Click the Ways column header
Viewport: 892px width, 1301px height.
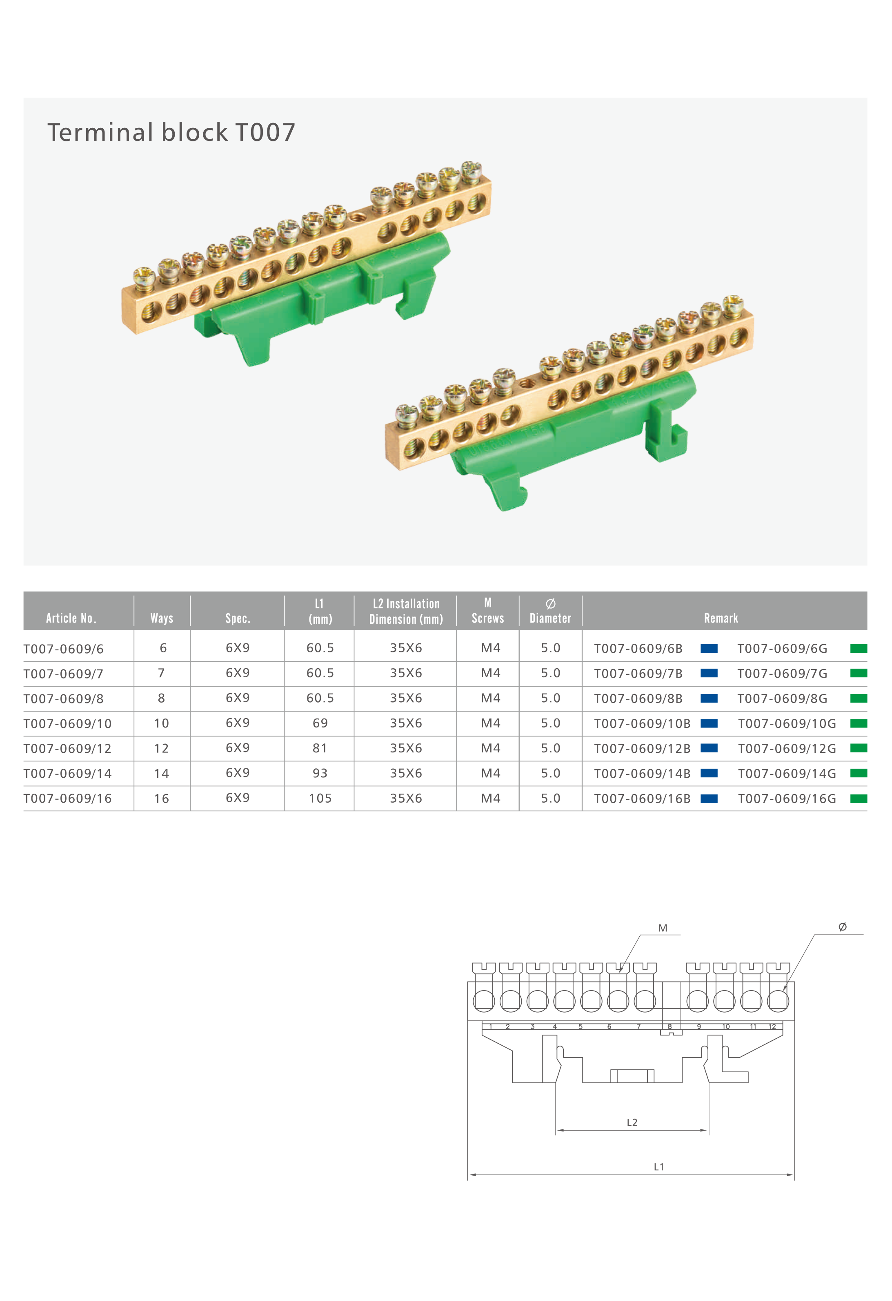pyautogui.click(x=162, y=618)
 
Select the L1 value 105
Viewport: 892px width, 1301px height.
pyautogui.click(x=320, y=798)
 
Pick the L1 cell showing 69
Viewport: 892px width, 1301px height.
pyautogui.click(x=320, y=723)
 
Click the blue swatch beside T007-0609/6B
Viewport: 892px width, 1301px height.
pyautogui.click(x=709, y=648)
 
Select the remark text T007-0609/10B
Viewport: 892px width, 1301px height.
pyautogui.click(x=642, y=723)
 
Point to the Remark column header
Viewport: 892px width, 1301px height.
pyautogui.click(x=721, y=618)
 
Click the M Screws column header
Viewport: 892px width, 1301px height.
pyautogui.click(x=487, y=611)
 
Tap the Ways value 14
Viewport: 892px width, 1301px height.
pyautogui.click(x=162, y=773)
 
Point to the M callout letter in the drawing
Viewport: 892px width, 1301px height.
pyautogui.click(x=663, y=928)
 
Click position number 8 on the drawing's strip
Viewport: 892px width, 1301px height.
pyautogui.click(x=669, y=1027)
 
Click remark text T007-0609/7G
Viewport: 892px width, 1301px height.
pyautogui.click(x=782, y=674)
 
